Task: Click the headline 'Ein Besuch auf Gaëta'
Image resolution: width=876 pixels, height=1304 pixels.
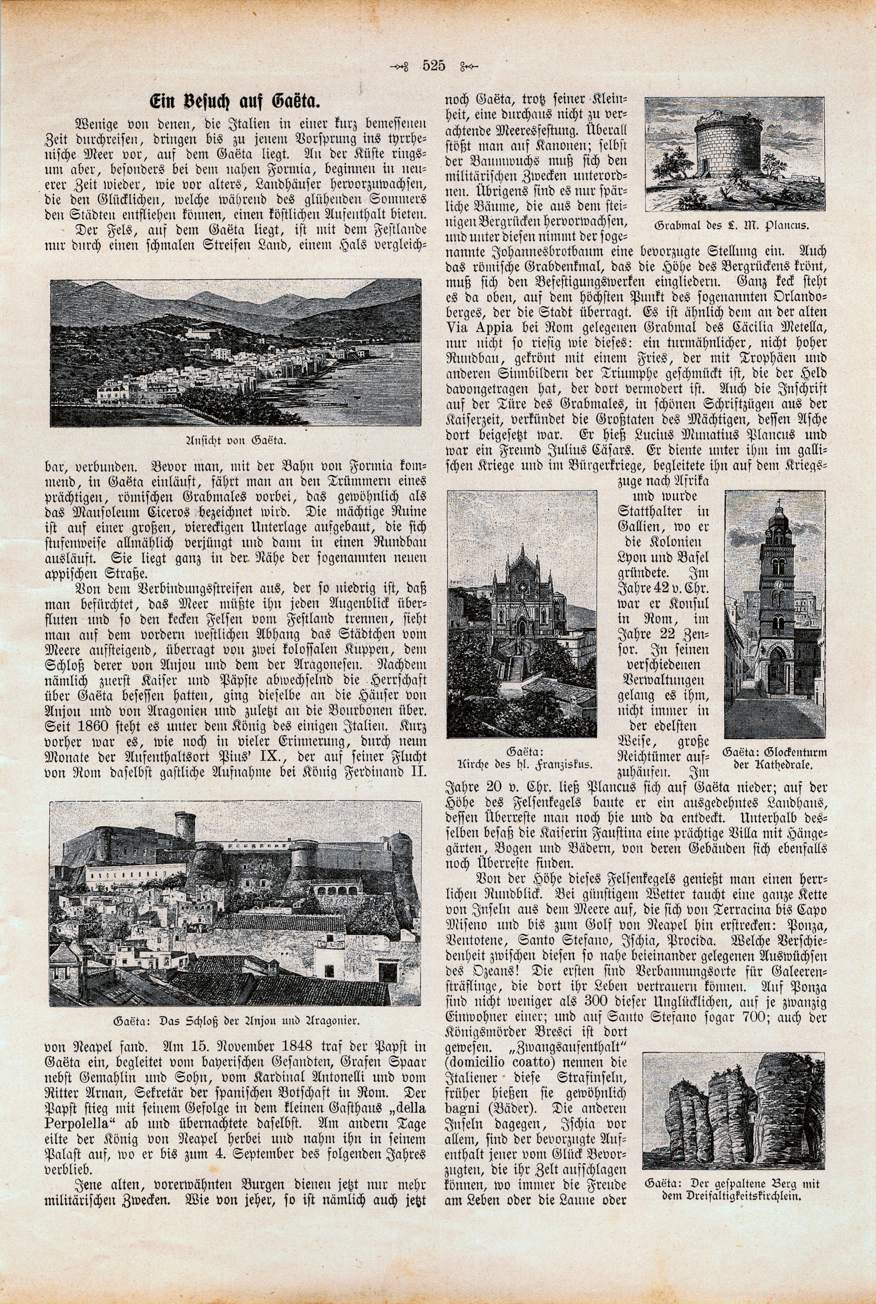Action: [238, 102]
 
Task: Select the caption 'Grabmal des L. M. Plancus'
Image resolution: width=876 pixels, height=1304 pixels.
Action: [735, 226]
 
